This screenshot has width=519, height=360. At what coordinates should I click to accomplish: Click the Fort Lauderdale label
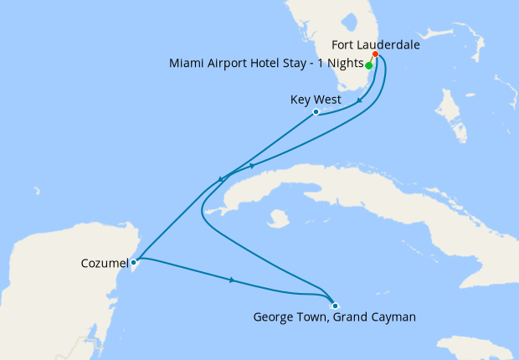(x=375, y=44)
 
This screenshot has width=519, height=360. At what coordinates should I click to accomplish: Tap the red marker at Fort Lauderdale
(x=375, y=54)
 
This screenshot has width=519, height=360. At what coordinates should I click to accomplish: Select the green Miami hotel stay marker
(x=369, y=64)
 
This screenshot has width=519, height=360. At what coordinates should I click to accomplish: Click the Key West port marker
(x=316, y=111)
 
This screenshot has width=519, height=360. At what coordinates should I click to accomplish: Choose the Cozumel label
(x=104, y=262)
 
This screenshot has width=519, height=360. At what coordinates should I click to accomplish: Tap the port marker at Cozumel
(x=134, y=261)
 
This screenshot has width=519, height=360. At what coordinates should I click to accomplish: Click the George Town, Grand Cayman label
(x=334, y=317)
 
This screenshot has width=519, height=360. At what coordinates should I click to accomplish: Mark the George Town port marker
(x=334, y=305)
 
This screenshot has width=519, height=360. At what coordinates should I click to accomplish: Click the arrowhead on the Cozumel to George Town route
(x=231, y=280)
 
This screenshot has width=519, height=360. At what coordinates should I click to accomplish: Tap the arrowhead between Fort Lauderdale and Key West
(x=359, y=100)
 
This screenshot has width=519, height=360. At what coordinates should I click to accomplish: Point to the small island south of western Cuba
(x=274, y=221)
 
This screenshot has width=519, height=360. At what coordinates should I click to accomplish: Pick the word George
(x=272, y=317)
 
